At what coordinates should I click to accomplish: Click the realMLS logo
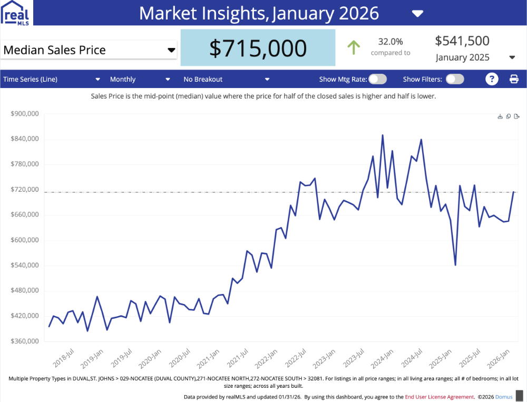pyautogui.click(x=16, y=13)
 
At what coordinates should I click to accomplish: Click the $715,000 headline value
pyautogui.click(x=258, y=48)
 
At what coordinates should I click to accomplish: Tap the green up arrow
pyautogui.click(x=354, y=47)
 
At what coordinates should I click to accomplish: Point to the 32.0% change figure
pyautogui.click(x=391, y=42)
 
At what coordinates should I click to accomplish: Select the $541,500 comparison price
pyautogui.click(x=462, y=41)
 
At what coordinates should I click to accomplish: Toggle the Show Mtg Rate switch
pyautogui.click(x=377, y=79)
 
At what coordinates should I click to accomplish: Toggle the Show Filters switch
pyautogui.click(x=455, y=79)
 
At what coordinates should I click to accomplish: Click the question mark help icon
pyautogui.click(x=492, y=79)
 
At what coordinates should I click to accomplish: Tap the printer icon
pyautogui.click(x=514, y=79)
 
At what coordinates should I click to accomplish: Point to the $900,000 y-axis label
pyautogui.click(x=25, y=114)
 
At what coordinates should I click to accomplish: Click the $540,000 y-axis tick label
pyautogui.click(x=25, y=266)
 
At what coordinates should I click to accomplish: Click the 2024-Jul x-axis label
pyautogui.click(x=413, y=358)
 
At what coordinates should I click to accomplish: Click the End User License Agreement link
pyautogui.click(x=439, y=397)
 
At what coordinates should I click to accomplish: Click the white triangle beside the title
pyautogui.click(x=417, y=13)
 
